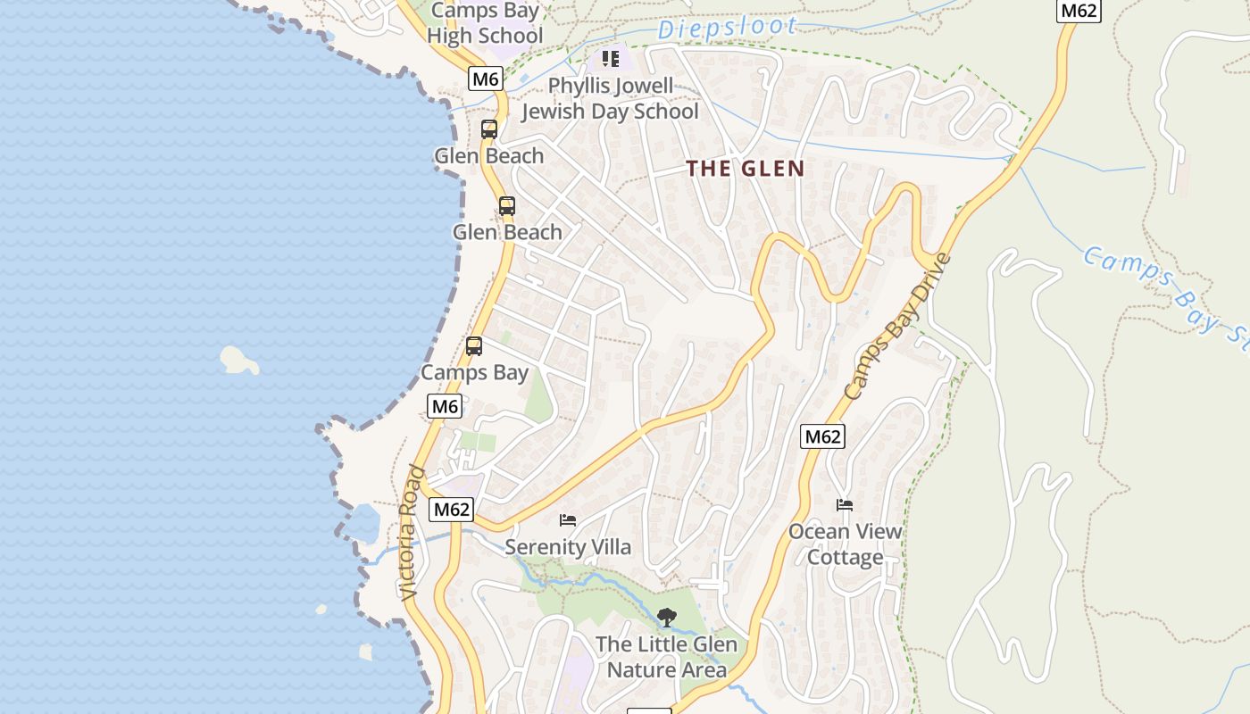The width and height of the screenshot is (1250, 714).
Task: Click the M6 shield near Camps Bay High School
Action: tap(485, 79)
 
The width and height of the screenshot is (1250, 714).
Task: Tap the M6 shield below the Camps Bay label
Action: tap(445, 407)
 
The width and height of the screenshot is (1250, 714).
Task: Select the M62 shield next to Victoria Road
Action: tap(451, 510)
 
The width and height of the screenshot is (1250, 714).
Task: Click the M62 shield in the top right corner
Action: tap(1079, 11)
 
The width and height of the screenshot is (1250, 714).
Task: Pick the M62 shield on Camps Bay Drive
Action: tap(822, 436)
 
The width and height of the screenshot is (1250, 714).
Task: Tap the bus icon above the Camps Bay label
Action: tap(474, 346)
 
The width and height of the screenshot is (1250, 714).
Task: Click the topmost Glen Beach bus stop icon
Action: tap(488, 129)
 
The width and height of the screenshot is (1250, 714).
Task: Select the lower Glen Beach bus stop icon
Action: tap(506, 206)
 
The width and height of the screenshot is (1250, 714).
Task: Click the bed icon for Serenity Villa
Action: tap(568, 519)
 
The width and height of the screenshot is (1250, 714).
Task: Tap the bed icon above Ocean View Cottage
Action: tap(845, 505)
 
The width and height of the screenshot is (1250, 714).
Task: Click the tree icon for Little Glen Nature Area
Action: tap(666, 617)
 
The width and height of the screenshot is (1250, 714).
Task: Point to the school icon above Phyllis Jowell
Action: tap(611, 59)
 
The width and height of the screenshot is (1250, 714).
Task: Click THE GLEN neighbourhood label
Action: tap(746, 169)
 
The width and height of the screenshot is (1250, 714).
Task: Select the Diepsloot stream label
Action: tap(726, 28)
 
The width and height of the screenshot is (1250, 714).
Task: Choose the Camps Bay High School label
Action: tap(485, 24)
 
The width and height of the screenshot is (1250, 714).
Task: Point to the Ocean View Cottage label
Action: tap(845, 544)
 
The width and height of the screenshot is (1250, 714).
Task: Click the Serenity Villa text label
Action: tap(568, 547)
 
